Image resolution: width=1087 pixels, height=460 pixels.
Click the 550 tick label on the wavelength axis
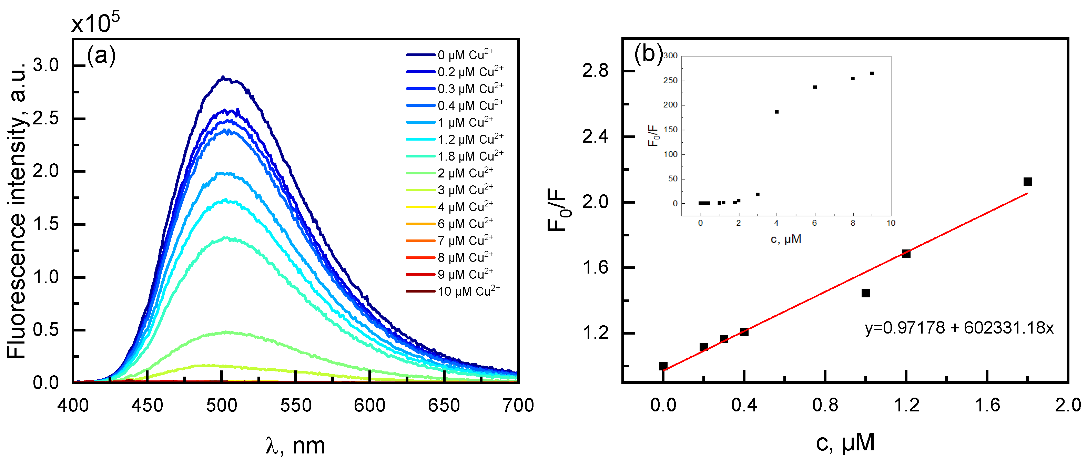(x=295, y=406)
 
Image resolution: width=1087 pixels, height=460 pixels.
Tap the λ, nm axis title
(x=295, y=446)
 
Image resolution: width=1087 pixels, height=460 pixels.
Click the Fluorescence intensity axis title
(x=17, y=211)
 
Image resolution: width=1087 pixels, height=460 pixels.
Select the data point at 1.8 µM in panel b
(x=1027, y=182)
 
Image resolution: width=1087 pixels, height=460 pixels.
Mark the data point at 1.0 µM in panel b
(x=865, y=293)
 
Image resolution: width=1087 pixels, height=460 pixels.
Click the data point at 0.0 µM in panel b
(x=663, y=366)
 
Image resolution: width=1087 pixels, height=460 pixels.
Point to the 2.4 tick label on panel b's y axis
(x=595, y=137)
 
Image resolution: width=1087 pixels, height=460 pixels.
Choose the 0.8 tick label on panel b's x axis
(x=825, y=406)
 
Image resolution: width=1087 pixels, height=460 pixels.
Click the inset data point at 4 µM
(x=777, y=112)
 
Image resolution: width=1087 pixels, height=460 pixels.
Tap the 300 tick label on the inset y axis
(x=670, y=56)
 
